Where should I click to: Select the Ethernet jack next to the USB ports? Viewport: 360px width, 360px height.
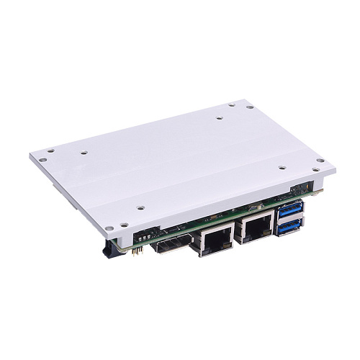256,229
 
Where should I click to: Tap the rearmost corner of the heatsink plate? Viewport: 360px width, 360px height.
245,101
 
